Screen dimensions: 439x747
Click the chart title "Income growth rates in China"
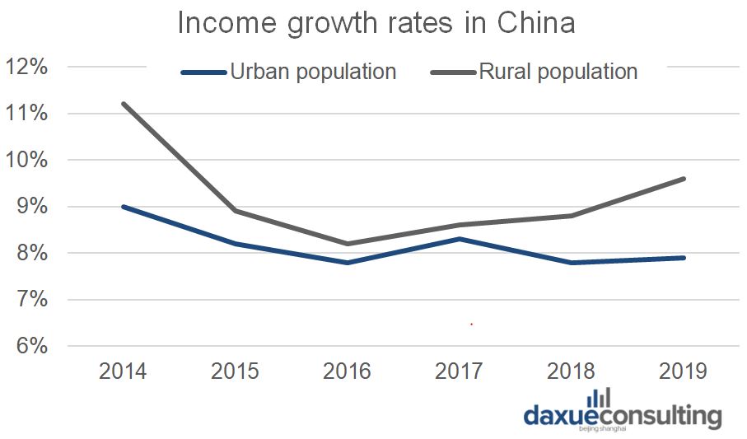pyautogui.click(x=376, y=23)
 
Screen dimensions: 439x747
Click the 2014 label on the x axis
pyautogui.click(x=123, y=371)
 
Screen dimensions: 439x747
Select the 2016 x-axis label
pyautogui.click(x=347, y=371)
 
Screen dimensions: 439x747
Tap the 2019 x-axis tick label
pyautogui.click(x=683, y=371)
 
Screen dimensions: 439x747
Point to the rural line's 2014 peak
pyautogui.click(x=123, y=104)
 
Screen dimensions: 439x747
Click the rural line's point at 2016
pyautogui.click(x=347, y=244)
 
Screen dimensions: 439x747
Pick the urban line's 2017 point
pyautogui.click(x=459, y=239)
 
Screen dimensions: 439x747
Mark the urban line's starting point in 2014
pyautogui.click(x=123, y=207)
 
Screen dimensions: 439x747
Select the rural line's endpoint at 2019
pyautogui.click(x=683, y=179)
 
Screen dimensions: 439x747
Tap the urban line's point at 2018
pyautogui.click(x=571, y=263)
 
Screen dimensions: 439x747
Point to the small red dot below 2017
pyautogui.click(x=471, y=325)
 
